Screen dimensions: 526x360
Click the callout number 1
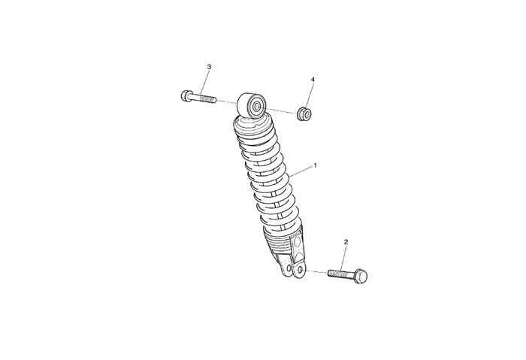coord(315,165)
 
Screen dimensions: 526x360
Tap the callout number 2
coord(346,242)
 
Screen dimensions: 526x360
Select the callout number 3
coord(210,67)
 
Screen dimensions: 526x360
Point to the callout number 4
coord(313,80)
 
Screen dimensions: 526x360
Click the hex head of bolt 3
coord(186,96)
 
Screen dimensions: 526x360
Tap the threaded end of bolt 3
coord(208,100)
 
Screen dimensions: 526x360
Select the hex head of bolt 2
coord(361,276)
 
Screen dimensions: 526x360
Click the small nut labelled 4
coord(304,113)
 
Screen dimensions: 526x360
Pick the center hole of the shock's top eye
coord(257,107)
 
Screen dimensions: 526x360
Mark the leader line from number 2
coord(343,258)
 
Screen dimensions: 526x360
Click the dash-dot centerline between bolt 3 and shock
coord(226,102)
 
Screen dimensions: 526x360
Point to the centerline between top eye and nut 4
coord(282,110)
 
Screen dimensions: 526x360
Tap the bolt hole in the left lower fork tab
coord(289,268)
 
